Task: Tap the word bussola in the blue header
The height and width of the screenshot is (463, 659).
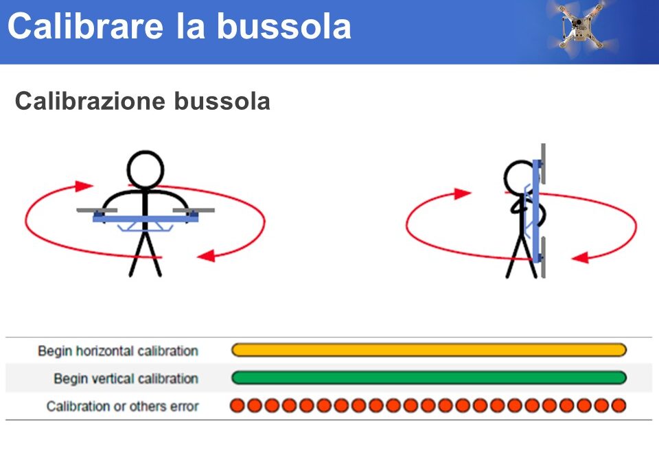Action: tap(284, 26)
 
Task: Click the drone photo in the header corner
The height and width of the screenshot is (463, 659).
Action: tap(583, 26)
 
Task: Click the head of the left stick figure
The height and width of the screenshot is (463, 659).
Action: tap(146, 170)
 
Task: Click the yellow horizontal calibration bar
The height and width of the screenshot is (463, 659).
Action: tap(428, 350)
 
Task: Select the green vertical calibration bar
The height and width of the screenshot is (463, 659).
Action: tap(428, 378)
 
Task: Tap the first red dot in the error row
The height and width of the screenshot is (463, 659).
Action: tap(238, 405)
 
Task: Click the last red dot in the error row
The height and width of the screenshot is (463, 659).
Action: tap(618, 405)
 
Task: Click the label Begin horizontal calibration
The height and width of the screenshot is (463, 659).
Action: tap(118, 351)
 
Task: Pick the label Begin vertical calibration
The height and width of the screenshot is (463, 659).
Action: tap(126, 379)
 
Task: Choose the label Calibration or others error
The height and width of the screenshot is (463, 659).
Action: tap(123, 406)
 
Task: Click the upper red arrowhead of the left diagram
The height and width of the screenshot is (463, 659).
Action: tap(84, 186)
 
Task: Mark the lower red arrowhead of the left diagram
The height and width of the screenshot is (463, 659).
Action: tap(207, 255)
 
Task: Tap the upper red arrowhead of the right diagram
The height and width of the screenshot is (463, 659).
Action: tap(463, 193)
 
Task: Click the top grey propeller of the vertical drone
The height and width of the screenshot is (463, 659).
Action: tap(543, 164)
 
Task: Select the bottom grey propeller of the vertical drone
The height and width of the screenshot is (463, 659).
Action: tap(543, 257)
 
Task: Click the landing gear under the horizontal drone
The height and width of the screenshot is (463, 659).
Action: tap(146, 227)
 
